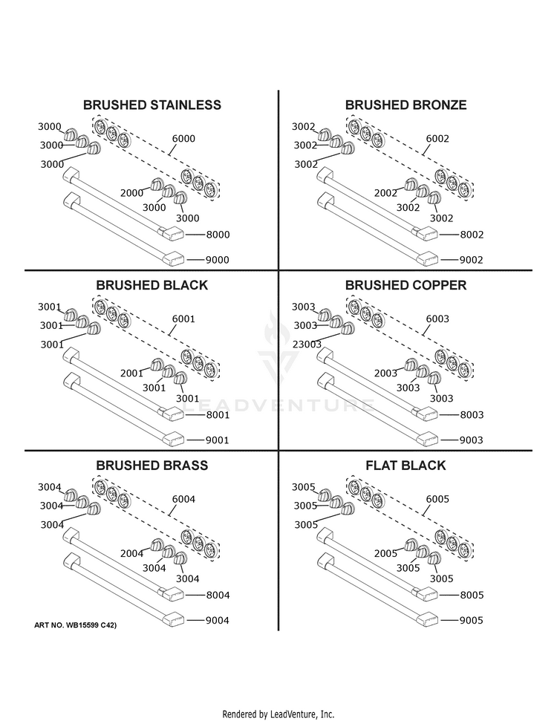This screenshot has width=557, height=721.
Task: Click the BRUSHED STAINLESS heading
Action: tap(152, 105)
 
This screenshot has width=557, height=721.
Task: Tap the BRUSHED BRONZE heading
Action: tap(405, 105)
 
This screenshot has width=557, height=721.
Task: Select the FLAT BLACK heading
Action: tap(405, 466)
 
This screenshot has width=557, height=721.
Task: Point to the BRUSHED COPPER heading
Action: tap(405, 285)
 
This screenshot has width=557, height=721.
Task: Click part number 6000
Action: tap(183, 139)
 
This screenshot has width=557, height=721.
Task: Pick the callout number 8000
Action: tap(218, 235)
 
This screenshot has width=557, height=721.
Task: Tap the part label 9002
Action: tap(472, 260)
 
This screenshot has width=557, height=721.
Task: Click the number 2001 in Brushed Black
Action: tap(131, 373)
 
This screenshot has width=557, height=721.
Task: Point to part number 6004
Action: tap(183, 499)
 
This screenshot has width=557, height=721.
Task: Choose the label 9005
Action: tap(472, 620)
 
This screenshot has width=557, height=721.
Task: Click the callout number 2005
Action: tap(385, 554)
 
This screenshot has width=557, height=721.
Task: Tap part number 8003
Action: tap(472, 415)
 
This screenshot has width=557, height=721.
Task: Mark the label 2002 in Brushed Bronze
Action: tap(385, 193)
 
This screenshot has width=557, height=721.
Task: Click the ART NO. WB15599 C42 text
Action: tap(76, 625)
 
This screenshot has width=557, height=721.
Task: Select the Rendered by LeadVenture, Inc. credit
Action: tap(278, 714)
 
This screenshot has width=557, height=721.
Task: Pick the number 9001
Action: tap(218, 440)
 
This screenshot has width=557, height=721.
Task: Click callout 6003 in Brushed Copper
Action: tap(437, 319)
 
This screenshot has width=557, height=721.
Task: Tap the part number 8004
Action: tap(218, 596)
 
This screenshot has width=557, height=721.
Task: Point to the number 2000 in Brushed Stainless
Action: tap(131, 193)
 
